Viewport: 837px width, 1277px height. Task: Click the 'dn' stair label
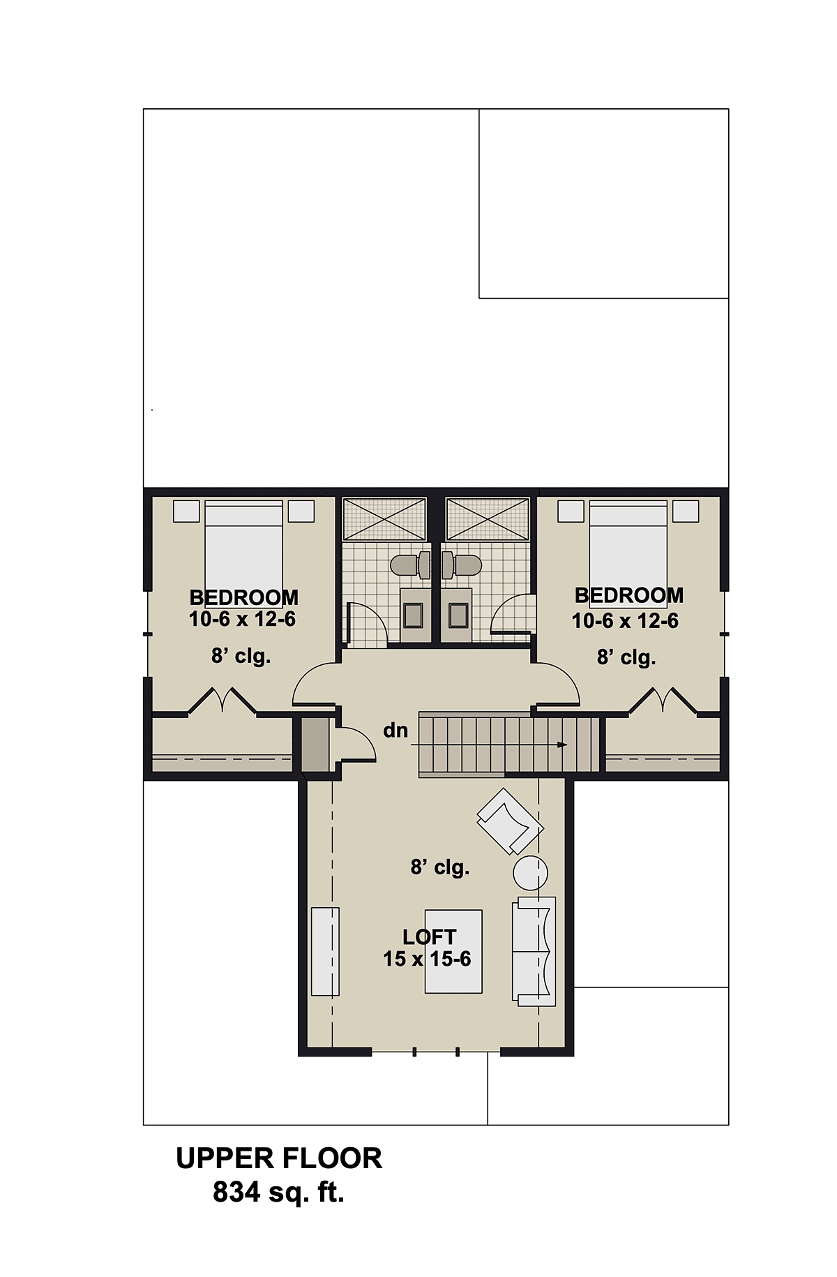[395, 731]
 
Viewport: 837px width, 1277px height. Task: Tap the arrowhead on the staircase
[562, 745]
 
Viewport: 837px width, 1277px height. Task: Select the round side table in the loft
[530, 872]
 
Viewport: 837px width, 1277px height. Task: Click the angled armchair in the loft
[510, 821]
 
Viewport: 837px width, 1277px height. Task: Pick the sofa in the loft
[534, 951]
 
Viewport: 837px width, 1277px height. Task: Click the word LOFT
[430, 937]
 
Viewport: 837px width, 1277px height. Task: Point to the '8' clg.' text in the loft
[440, 867]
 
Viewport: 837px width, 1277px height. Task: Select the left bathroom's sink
[414, 615]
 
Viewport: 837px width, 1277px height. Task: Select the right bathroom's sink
[457, 615]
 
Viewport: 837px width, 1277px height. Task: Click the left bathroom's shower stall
[384, 518]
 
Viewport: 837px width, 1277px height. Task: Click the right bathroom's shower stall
[488, 518]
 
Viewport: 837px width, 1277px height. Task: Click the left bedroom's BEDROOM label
[244, 598]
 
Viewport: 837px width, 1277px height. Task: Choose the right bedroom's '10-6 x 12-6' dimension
[625, 621]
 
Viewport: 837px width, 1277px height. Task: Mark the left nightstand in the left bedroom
[186, 511]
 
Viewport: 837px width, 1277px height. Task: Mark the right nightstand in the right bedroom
[686, 511]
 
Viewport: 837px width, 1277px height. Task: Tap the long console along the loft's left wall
[325, 951]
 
